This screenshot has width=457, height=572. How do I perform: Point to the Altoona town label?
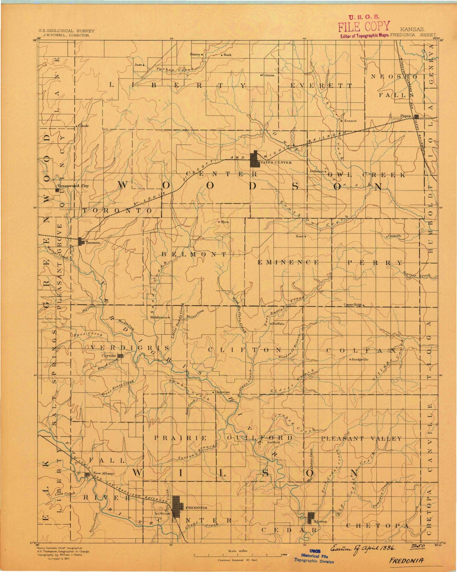pyautogui.click(x=320, y=521)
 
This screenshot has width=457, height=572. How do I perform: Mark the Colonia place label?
pyautogui.click(x=268, y=75)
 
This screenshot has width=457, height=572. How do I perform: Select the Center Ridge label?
pyautogui.click(x=353, y=305)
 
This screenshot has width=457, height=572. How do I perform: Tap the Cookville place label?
pyautogui.click(x=394, y=236)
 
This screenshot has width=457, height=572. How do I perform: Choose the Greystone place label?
pyautogui.click(x=223, y=392)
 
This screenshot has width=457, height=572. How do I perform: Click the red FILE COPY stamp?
pyautogui.click(x=364, y=26)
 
